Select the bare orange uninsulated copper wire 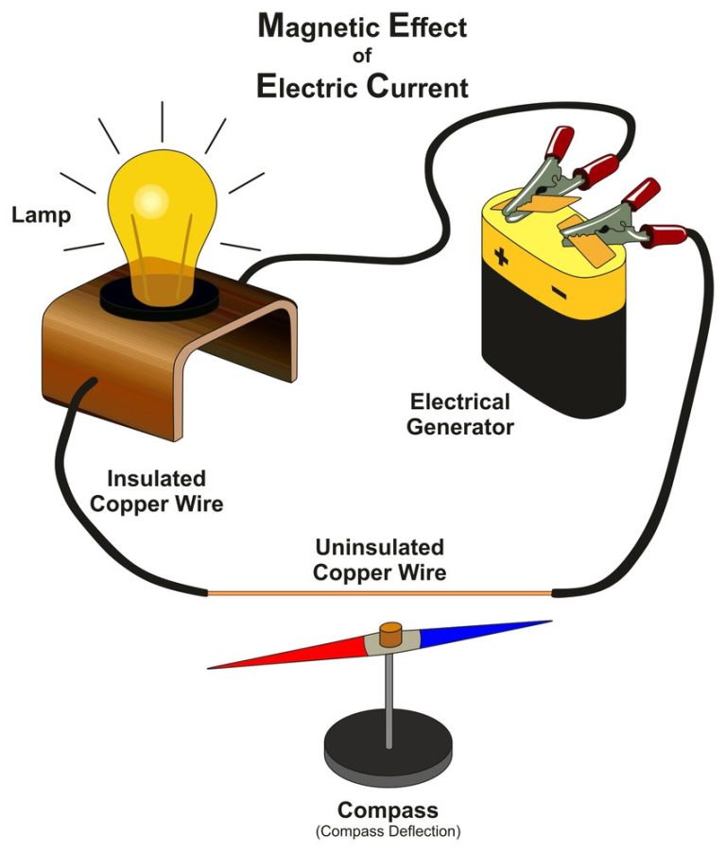pyautogui.click(x=378, y=593)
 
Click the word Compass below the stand pyautogui.click(x=389, y=809)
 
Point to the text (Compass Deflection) pyautogui.click(x=389, y=831)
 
